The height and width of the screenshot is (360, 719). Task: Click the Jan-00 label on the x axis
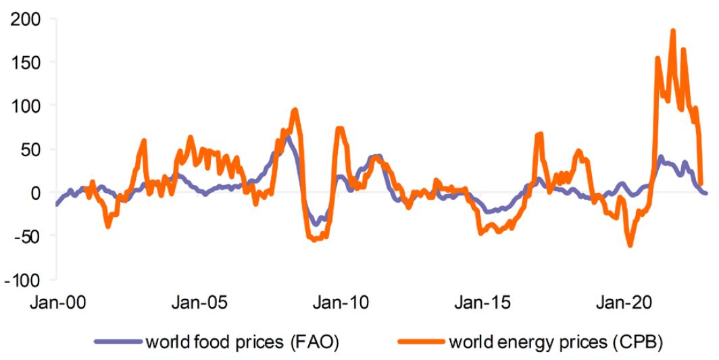point(58,302)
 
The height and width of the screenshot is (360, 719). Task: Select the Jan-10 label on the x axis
point(341,302)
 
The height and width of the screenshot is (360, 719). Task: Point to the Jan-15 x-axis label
point(484,302)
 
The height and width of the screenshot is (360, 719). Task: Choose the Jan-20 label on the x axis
point(625,302)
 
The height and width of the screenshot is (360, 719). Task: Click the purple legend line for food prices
point(118,342)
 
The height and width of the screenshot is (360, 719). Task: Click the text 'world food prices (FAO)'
point(241,342)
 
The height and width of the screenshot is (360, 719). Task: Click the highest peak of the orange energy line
point(673,30)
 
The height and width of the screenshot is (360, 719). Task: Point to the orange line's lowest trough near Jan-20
point(630,245)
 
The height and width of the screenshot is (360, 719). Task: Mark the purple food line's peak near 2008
point(287,137)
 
